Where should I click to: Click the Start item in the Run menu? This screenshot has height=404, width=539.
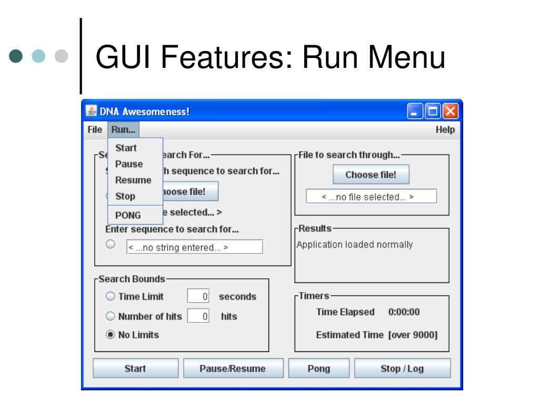[x=126, y=148]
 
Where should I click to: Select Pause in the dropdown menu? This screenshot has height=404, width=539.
[x=129, y=164]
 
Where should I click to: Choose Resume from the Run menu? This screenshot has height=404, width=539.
[x=133, y=180]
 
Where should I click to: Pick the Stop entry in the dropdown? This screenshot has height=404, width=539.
[x=125, y=196]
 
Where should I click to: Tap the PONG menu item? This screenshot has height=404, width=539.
[x=128, y=215]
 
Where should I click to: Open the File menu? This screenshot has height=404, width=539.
[x=95, y=129]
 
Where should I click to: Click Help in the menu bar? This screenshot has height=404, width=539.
[x=445, y=129]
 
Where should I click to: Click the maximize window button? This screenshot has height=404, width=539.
[x=434, y=112]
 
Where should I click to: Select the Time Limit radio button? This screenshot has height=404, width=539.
[x=111, y=296]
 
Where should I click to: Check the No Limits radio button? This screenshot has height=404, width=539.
[x=111, y=334]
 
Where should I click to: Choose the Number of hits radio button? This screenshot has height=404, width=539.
[x=111, y=316]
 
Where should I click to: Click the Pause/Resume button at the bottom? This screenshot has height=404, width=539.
[x=233, y=368]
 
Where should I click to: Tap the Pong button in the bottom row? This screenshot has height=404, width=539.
[x=319, y=368]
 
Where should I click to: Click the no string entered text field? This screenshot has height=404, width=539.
[x=194, y=247]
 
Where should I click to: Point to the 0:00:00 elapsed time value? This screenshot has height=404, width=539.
[x=404, y=312]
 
